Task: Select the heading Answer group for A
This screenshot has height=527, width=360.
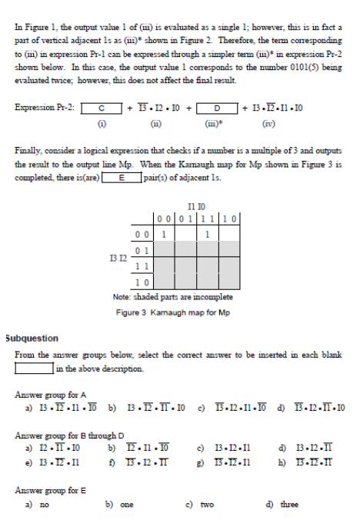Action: pyautogui.click(x=51, y=394)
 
